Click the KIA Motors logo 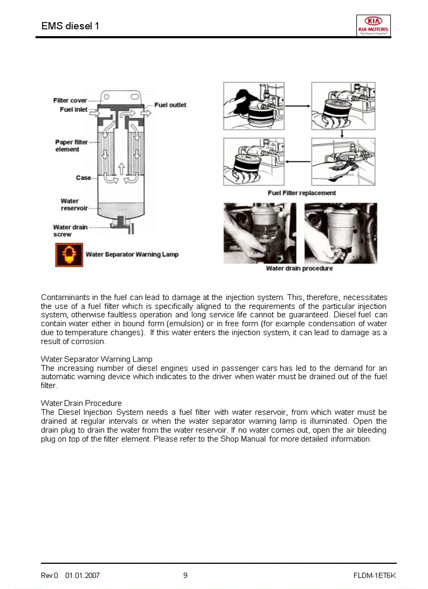[x=373, y=25]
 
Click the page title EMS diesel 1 [x=70, y=26]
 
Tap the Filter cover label [x=70, y=101]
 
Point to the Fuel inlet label [x=73, y=110]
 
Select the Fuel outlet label [x=170, y=105]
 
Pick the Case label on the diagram [x=83, y=178]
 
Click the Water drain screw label [x=70, y=231]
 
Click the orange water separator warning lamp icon [x=68, y=255]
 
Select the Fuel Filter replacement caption [x=302, y=193]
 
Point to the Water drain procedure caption [x=299, y=269]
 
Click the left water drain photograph [x=260, y=233]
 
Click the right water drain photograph [x=340, y=233]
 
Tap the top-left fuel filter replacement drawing [x=254, y=106]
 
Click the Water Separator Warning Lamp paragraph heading [x=97, y=359]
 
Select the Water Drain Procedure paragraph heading [x=81, y=403]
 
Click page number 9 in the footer [x=185, y=575]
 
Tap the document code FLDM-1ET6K [x=374, y=576]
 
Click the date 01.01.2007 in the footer [x=82, y=576]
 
